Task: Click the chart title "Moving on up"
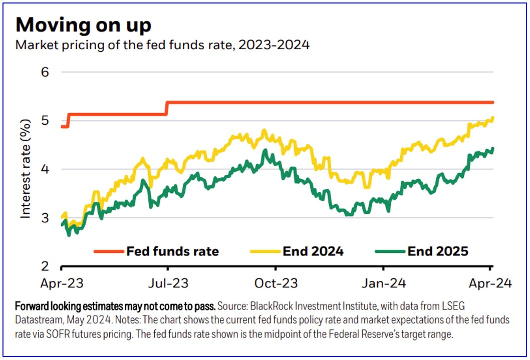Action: pyautogui.click(x=83, y=25)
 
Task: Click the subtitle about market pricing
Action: pyautogui.click(x=163, y=45)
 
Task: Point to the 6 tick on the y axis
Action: pyautogui.click(x=46, y=72)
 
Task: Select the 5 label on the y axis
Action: pyautogui.click(x=46, y=121)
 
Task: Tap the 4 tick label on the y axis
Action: pyautogui.click(x=46, y=169)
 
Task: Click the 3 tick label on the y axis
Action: pyautogui.click(x=46, y=218)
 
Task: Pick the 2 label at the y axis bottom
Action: pyautogui.click(x=46, y=266)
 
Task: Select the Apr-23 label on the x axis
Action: pyautogui.click(x=62, y=283)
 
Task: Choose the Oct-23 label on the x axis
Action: pyautogui.click(x=276, y=283)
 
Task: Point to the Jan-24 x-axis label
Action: pyautogui.click(x=384, y=283)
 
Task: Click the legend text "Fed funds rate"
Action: pyautogui.click(x=173, y=251)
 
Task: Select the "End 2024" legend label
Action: pyautogui.click(x=313, y=251)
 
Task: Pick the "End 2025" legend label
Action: pyautogui.click(x=438, y=251)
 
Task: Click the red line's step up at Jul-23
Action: pyautogui.click(x=167, y=108)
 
